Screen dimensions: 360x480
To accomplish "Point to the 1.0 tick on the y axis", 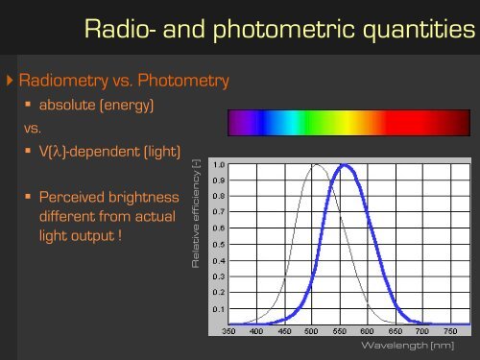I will (x=220, y=163).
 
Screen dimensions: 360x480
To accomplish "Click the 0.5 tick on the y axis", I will (x=220, y=244).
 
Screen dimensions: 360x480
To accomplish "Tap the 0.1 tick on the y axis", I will (x=220, y=309).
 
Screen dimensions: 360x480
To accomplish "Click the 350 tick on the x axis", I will (x=231, y=331).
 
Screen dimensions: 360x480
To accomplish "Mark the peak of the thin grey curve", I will (x=315, y=164).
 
